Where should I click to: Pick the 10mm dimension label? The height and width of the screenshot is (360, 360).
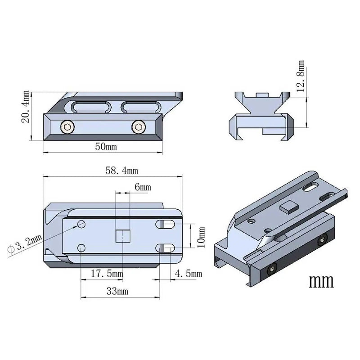201,238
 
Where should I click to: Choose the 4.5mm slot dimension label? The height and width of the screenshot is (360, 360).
189,273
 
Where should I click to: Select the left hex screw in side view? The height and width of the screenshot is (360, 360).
67,128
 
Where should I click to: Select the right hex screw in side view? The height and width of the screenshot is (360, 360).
138,128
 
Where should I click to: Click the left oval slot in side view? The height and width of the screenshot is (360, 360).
90,107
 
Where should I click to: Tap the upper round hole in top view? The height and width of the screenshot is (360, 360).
82,224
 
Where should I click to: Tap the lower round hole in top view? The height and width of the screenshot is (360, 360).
82,247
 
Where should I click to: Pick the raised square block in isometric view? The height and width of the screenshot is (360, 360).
286,207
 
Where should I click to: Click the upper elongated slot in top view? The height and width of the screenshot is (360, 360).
167,224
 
